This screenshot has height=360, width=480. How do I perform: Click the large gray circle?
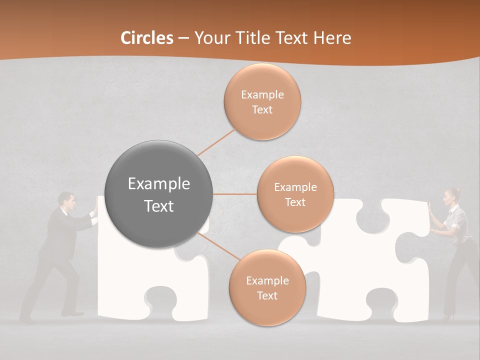[158, 194]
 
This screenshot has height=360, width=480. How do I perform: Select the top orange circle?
[262, 101]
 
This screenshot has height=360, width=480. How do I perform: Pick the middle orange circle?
[295, 194]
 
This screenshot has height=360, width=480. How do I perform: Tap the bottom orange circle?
[267, 287]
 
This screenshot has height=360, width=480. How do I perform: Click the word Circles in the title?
[147, 38]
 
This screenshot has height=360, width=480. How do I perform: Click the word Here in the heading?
[332, 38]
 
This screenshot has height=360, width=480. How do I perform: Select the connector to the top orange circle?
[216, 142]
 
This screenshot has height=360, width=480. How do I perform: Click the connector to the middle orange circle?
[235, 194]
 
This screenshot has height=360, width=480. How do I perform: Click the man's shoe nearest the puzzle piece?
[73, 313]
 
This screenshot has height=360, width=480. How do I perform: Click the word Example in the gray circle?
[158, 184]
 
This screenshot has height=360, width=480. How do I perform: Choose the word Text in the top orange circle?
[262, 109]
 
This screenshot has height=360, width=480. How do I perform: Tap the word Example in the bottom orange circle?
[267, 280]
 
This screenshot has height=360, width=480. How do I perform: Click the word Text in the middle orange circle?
[295, 202]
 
